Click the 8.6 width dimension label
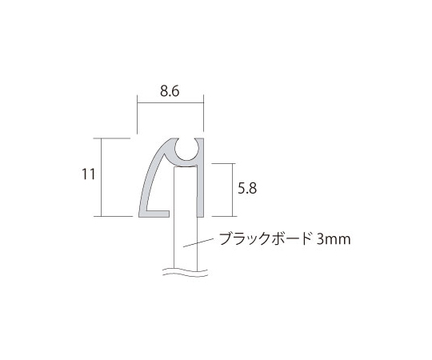coord(170,91)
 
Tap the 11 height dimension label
coord(89,174)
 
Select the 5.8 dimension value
coord(247,189)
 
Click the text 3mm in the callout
coord(334,239)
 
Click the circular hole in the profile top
coord(187,149)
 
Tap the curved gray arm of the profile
coord(151,176)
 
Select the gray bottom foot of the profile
coord(154,214)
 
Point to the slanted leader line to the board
coord(198,242)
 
